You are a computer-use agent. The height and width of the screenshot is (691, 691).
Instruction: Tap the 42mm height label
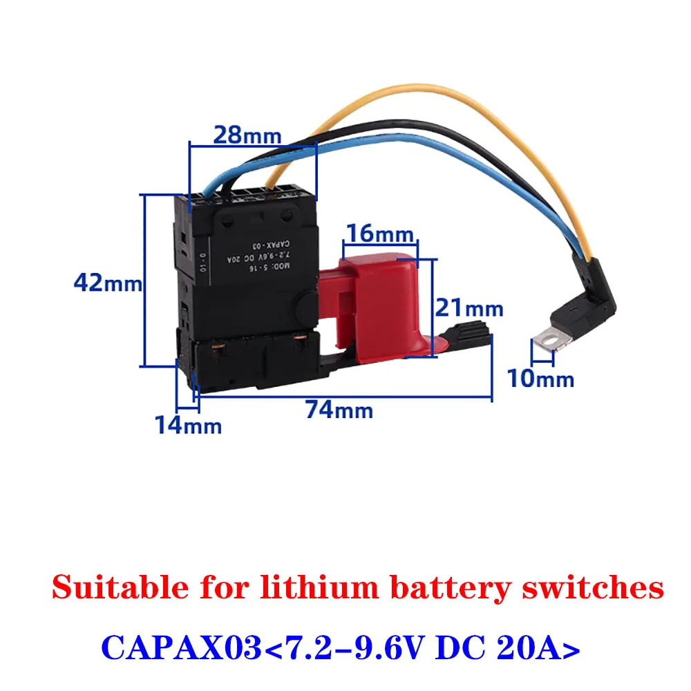pyautogui.click(x=108, y=283)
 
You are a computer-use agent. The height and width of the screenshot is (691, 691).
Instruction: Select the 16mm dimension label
pyautogui.click(x=380, y=233)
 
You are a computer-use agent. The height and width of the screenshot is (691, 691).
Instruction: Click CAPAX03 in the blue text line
pyautogui.click(x=180, y=649)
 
